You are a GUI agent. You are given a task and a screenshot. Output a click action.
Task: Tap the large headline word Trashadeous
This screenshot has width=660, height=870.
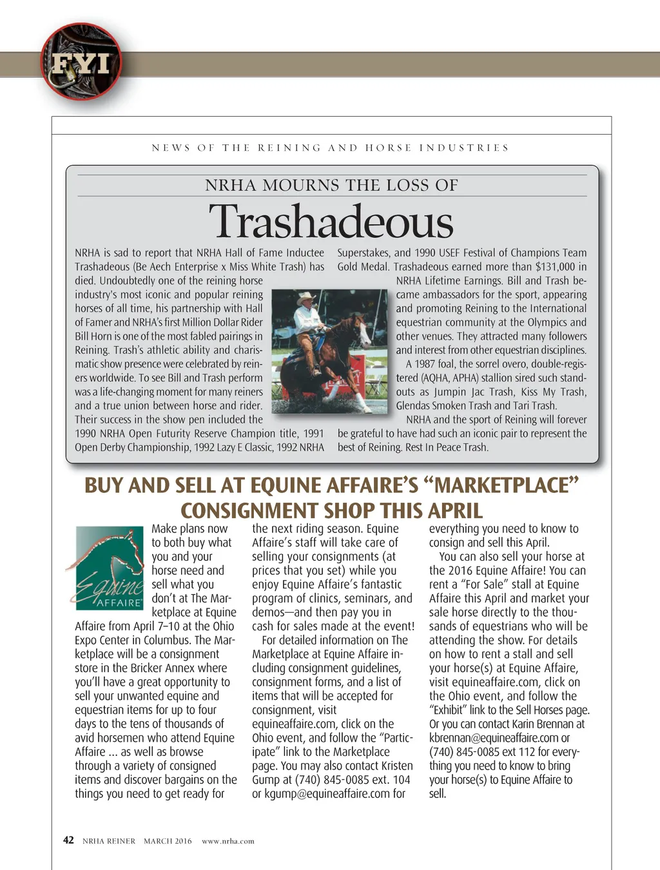coord(331,222)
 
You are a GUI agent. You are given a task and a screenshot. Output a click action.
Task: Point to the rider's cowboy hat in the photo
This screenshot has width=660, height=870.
coord(308,298)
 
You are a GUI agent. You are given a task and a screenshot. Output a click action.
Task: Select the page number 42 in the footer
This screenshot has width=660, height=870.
coord(68,840)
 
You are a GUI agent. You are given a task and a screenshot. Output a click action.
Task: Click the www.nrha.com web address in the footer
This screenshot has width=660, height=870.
coord(228,841)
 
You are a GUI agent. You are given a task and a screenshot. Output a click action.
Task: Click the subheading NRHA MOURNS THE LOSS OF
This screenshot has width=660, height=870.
coord(331,186)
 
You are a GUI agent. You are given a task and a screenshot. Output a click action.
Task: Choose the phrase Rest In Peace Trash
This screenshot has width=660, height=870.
coord(447,447)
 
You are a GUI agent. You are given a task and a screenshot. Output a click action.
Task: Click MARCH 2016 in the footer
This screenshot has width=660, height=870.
coord(168,841)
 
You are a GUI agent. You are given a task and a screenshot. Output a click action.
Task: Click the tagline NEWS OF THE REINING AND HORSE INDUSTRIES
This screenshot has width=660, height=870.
coord(330,148)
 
